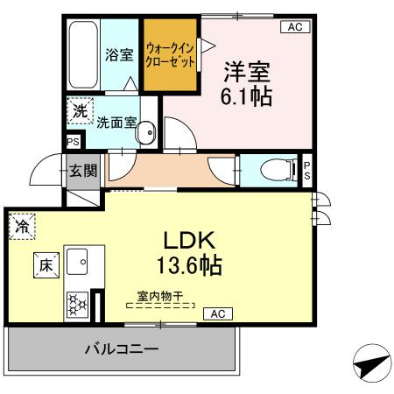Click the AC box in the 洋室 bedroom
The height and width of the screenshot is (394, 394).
click(x=294, y=27)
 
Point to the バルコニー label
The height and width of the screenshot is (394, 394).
click(x=122, y=349)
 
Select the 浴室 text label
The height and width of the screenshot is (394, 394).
click(x=118, y=54)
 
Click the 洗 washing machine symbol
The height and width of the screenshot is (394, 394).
click(x=80, y=111)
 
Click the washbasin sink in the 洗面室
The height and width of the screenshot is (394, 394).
click(x=147, y=133)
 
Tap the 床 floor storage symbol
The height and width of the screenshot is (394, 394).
click(x=44, y=264)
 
